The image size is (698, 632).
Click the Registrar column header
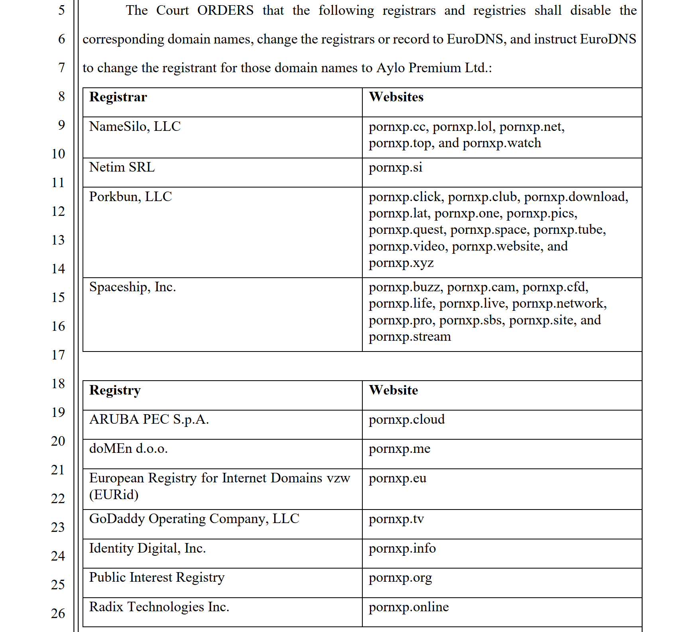point(118,97)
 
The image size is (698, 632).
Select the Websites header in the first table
point(396,97)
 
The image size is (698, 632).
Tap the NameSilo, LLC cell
point(135,126)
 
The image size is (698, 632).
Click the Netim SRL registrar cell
point(122,167)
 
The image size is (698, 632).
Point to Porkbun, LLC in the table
point(130,197)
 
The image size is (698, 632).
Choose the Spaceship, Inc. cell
point(132,287)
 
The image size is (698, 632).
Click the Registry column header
point(115,390)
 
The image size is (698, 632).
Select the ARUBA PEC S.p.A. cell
point(149,419)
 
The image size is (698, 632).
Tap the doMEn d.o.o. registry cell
point(128,449)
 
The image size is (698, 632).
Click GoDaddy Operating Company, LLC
point(194,519)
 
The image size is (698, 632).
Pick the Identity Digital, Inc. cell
point(147,548)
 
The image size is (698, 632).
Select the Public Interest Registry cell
point(157,577)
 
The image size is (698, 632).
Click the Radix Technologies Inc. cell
point(159,607)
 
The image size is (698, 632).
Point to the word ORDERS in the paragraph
point(225,10)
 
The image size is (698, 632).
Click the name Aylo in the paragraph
point(391,68)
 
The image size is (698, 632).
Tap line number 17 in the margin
point(58,355)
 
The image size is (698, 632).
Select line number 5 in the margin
point(61,10)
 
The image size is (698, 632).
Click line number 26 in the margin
point(58,613)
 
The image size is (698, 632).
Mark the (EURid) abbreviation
point(114,495)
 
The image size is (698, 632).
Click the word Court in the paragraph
point(172,10)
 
